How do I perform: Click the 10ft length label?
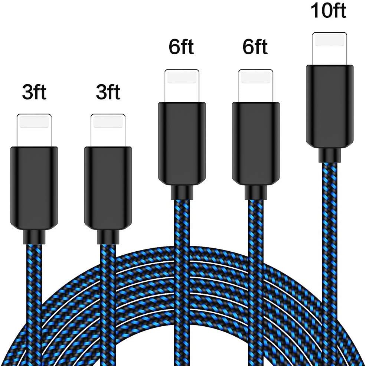point(329,11)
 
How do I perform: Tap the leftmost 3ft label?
point(34,92)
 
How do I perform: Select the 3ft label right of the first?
point(108,92)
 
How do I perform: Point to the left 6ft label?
point(181,48)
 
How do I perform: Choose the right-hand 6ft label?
point(255,48)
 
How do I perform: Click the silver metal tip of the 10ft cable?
point(330,49)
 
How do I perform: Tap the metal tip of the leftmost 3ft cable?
point(34,130)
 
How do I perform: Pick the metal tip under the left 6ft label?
point(182,86)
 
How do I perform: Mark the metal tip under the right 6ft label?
point(256,86)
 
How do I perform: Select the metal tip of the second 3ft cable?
point(108,130)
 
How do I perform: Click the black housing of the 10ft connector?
point(330,107)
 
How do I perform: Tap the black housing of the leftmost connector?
point(34,188)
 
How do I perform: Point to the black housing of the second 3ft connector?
point(108,188)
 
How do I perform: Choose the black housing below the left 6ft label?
point(182,144)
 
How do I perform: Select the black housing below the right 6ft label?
point(256,144)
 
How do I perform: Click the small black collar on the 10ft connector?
point(330,155)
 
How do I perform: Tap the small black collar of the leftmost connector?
point(34,237)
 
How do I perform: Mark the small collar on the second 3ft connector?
point(108,237)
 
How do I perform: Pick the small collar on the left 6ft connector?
point(182,192)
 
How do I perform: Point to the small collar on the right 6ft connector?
point(256,192)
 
